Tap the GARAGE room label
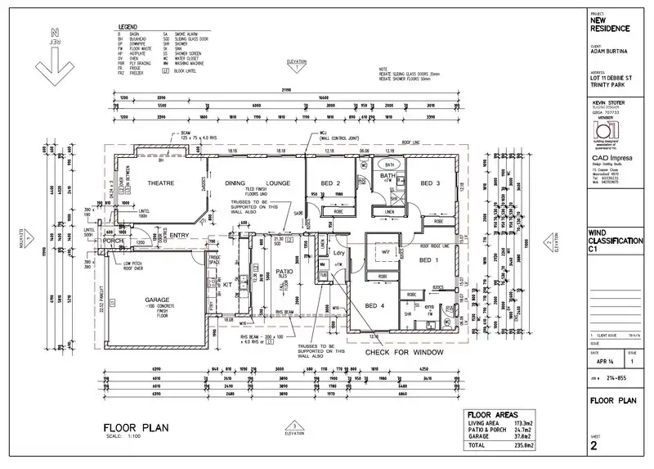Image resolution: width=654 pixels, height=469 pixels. point(157,300)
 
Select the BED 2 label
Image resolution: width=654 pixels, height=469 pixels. point(330,183)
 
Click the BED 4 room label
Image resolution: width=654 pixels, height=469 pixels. point(375,306)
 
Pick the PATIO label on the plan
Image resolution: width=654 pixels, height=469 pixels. point(284,270)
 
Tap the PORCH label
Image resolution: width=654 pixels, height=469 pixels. point(112,241)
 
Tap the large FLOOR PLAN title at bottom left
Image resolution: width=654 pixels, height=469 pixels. point(137,427)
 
